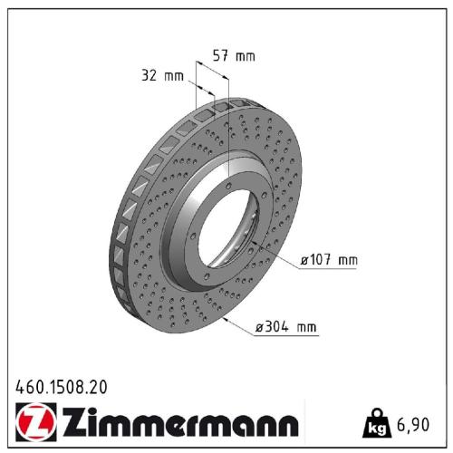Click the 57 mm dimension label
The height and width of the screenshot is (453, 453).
point(234,56)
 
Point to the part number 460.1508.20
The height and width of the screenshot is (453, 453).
point(62,386)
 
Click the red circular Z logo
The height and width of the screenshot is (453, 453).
point(33,423)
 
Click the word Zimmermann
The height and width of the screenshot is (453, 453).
point(178,424)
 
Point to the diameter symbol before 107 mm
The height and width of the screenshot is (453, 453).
point(305,261)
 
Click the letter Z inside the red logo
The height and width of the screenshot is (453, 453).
point(33,423)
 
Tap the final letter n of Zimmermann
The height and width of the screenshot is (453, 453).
point(286,427)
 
